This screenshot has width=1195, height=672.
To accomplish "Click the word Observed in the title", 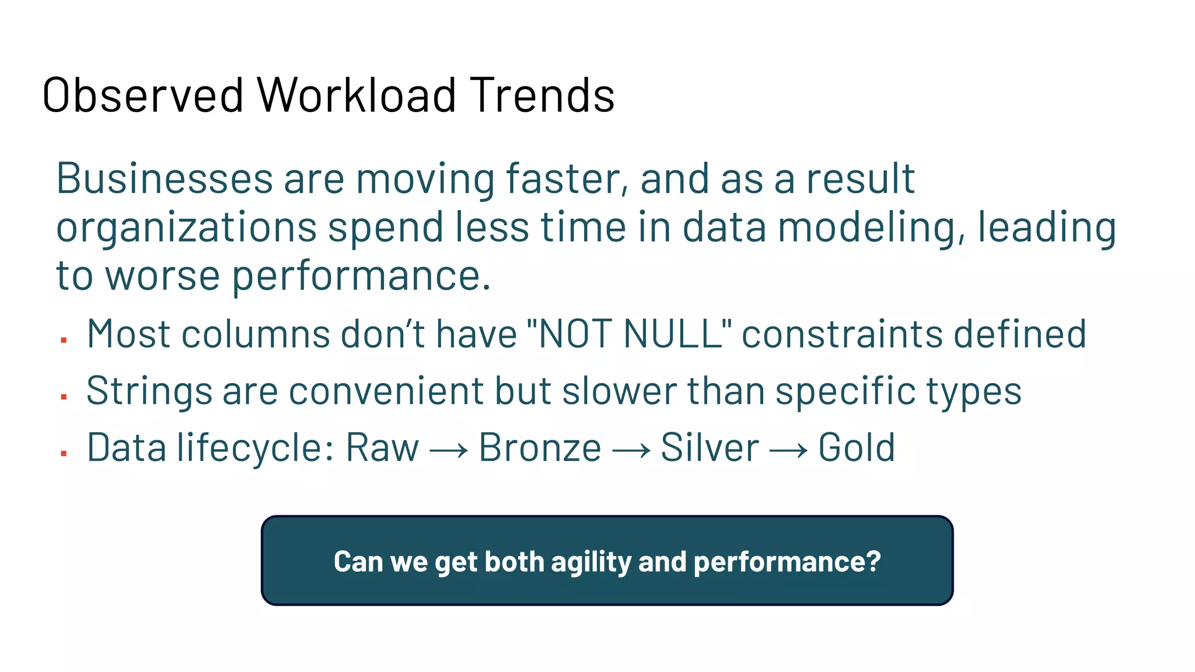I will (143, 95).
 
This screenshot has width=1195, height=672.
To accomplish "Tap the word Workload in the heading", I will (356, 95).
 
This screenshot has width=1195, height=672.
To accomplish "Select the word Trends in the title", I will (542, 95).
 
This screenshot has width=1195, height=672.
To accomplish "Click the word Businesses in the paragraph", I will (165, 178).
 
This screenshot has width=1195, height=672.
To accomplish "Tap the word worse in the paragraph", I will (162, 275).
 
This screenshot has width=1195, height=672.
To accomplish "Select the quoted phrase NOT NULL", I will (629, 334).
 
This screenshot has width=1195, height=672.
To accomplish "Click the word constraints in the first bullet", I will (841, 334).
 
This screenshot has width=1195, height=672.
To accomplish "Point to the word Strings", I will (149, 390).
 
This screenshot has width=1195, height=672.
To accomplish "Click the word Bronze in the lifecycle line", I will (540, 447).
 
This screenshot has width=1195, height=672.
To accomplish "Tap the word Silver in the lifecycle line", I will (710, 447).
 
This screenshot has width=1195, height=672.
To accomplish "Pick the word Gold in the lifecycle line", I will (857, 447).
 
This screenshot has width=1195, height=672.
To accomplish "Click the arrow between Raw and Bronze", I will (449, 450).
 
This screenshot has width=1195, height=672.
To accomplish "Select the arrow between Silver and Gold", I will (789, 450).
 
